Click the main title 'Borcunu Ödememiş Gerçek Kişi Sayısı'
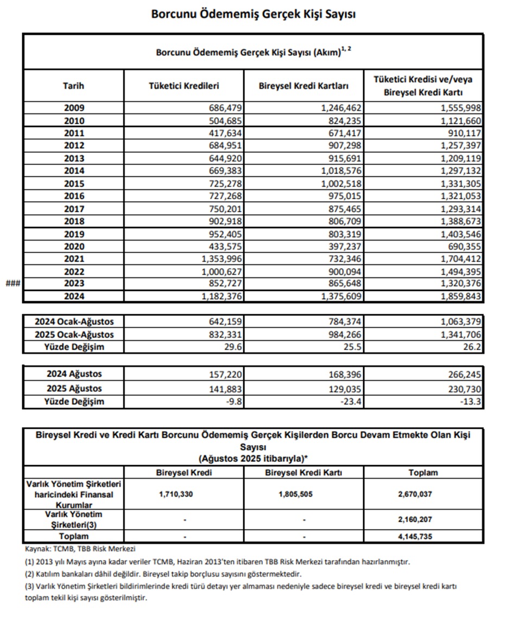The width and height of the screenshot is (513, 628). pyautogui.click(x=254, y=14)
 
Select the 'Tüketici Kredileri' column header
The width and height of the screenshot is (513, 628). pyautogui.click(x=184, y=86)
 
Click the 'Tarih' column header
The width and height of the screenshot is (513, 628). pyautogui.click(x=74, y=86)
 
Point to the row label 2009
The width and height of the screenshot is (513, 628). pyautogui.click(x=74, y=108)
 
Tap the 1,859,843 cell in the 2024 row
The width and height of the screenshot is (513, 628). pyautogui.click(x=458, y=296)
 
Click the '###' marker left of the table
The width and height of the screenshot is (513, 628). pyautogui.click(x=12, y=283)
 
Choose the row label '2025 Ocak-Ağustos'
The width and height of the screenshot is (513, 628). pyautogui.click(x=74, y=335)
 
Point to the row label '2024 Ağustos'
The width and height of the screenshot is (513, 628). pyautogui.click(x=74, y=374)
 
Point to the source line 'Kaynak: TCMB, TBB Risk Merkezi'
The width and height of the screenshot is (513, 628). pyautogui.click(x=80, y=549)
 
